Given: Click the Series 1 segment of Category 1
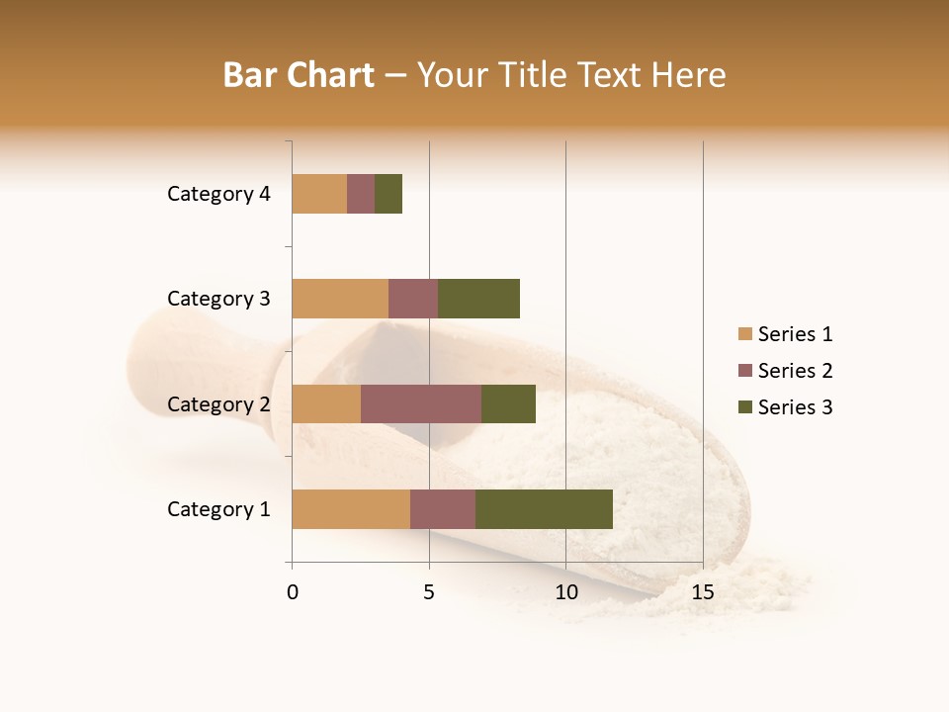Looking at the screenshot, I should (351, 509).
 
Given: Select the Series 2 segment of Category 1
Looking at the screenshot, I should (443, 509).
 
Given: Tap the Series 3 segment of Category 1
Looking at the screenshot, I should (544, 509).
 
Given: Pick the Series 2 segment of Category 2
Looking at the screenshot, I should (421, 403).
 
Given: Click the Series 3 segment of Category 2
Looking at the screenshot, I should (508, 403).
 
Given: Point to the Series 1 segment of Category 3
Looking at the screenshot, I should (340, 299).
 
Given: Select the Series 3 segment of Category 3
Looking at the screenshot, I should (478, 299).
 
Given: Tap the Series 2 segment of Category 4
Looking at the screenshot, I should (361, 194).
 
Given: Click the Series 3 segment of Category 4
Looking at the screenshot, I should (388, 194).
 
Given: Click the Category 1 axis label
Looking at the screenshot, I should (218, 509).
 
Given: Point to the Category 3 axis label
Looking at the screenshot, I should (218, 299).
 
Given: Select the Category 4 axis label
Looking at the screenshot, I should (218, 194).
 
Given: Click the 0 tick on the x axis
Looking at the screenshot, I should (293, 592).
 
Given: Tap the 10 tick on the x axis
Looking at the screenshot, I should (565, 592).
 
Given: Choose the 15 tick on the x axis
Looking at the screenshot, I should (703, 592).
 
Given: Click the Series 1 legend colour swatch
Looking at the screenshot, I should (744, 334).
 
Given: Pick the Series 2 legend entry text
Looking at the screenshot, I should (795, 371).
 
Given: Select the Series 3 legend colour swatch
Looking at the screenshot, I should (744, 407).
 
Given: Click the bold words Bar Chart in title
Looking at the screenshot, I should (299, 75).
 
